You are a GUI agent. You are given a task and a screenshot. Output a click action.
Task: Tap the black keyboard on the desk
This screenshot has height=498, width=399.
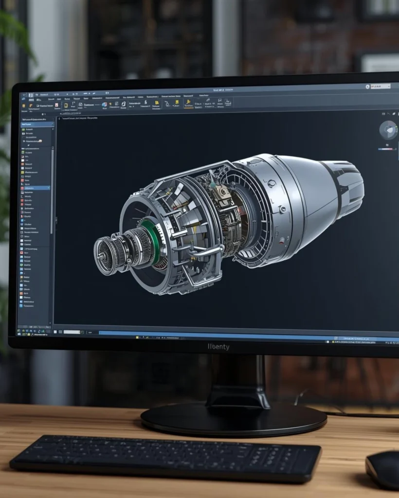165,457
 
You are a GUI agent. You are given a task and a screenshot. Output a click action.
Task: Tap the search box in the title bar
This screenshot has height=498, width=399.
380,86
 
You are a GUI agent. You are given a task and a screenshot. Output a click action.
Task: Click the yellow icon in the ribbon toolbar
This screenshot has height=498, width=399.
188,103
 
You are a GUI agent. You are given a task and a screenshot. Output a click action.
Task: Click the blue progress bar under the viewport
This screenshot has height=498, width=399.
219,334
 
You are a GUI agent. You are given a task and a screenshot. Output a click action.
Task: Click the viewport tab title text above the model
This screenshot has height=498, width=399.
80,118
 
